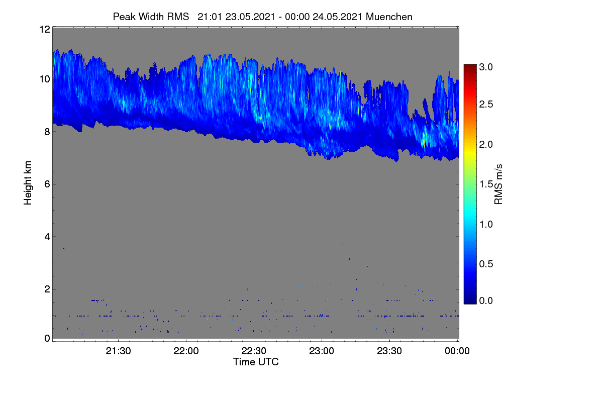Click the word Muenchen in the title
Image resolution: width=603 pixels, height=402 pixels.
tap(389, 17)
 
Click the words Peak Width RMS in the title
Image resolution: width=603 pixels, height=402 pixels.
tap(151, 17)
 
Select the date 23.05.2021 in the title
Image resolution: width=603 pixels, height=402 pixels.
tap(250, 17)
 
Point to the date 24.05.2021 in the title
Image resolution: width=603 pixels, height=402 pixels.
tap(337, 17)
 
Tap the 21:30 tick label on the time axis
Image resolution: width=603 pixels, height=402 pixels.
tap(118, 351)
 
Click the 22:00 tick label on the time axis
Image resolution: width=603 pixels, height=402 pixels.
tap(186, 351)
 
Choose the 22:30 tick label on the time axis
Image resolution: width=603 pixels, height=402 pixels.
tap(254, 351)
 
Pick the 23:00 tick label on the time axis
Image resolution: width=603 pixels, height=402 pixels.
tap(322, 351)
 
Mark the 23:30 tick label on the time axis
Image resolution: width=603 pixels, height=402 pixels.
tap(389, 351)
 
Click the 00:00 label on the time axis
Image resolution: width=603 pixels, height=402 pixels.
tap(457, 351)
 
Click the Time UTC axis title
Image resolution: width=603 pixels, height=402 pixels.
tap(256, 362)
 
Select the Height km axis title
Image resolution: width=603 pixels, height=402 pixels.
tap(28, 183)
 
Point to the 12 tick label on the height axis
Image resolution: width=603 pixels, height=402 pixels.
tap(45, 29)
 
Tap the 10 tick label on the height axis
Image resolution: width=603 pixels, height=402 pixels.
tap(45, 79)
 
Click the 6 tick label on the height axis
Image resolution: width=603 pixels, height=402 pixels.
tap(47, 184)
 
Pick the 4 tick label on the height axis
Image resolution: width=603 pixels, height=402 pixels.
tap(47, 237)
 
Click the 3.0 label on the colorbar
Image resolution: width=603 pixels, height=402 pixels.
tap(486, 67)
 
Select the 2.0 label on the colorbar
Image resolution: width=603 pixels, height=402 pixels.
tap(486, 145)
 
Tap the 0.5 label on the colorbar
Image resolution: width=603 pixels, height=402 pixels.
tap(486, 264)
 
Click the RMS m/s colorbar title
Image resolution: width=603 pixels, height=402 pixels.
tap(498, 184)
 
